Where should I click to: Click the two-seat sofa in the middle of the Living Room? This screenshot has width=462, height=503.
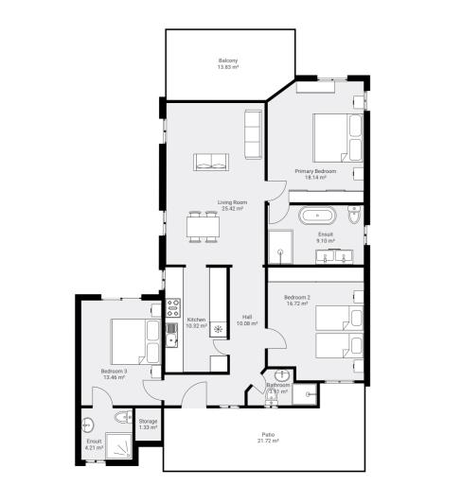(210, 163)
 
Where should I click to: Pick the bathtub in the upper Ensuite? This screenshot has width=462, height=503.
(318, 217)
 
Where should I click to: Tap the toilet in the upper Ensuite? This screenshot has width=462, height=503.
(352, 217)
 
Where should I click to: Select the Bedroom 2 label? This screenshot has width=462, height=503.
(297, 299)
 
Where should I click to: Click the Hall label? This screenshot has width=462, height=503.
(246, 317)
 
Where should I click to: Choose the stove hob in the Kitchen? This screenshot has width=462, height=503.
(173, 306)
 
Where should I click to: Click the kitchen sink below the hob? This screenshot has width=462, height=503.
(172, 329)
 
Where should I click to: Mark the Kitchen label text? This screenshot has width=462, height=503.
(196, 320)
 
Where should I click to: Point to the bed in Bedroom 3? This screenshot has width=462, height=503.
(130, 341)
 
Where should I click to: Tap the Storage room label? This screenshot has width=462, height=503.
(148, 421)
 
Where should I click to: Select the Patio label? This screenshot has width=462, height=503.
(269, 435)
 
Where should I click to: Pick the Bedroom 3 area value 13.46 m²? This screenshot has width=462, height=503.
(113, 377)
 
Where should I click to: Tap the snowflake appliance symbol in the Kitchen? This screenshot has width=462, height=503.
(218, 330)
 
